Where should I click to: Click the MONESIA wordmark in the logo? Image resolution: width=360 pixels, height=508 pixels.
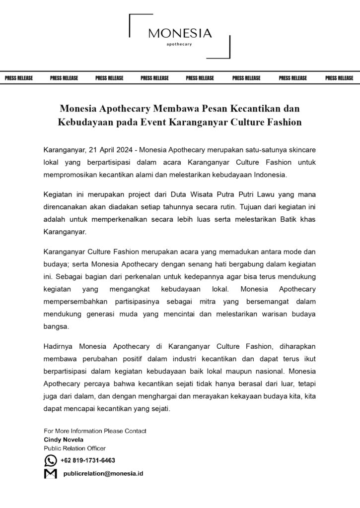180,34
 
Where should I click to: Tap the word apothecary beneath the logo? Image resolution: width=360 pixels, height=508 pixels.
180,45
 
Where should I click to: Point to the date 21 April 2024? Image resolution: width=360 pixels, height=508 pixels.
112,149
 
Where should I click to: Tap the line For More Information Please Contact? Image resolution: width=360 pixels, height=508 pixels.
95,431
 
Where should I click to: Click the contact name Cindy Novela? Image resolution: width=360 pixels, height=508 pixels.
64,440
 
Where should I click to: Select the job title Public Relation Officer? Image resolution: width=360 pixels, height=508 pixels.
74,448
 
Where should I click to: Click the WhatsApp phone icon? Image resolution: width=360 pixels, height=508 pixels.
50,460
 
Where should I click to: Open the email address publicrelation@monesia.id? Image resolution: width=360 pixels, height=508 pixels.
103,474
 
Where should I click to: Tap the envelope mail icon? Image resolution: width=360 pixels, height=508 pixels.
50,474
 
